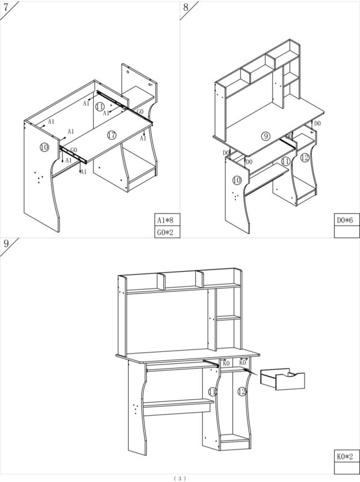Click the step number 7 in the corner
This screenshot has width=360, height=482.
click(6, 7)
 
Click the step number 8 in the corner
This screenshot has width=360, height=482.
click(186, 7)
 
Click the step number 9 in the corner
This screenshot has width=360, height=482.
click(6, 244)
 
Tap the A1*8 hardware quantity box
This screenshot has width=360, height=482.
click(167, 220)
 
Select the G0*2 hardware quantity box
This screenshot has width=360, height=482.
click(167, 232)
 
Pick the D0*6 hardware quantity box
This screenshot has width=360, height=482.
click(347, 220)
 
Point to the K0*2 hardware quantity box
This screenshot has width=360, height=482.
click(347, 457)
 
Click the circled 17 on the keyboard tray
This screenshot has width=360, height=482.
click(112, 135)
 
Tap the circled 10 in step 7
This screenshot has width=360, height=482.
click(44, 148)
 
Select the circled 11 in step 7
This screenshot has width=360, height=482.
click(99, 107)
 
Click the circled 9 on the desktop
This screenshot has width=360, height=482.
click(265, 136)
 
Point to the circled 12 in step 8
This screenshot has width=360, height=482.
click(305, 158)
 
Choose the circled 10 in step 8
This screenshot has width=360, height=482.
click(237, 180)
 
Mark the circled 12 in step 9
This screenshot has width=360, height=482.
click(242, 392)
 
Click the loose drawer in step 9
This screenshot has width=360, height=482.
click(282, 379)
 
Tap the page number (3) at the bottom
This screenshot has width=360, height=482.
click(179, 478)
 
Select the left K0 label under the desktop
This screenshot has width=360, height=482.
click(226, 363)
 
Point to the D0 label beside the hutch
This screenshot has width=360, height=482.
click(317, 124)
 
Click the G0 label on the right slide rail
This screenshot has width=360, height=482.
click(140, 111)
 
